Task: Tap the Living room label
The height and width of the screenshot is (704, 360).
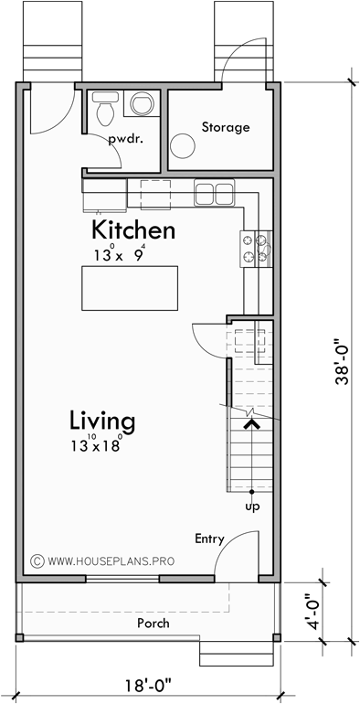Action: pos(102,421)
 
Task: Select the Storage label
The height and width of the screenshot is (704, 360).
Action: pos(225,127)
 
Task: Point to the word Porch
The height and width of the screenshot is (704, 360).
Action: pos(153,623)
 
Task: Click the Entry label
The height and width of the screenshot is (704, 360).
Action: pos(208,539)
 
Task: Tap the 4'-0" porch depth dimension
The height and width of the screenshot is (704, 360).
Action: pos(312,614)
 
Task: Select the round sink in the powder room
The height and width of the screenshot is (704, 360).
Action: pos(142,104)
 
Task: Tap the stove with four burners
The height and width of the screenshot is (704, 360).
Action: pos(255,250)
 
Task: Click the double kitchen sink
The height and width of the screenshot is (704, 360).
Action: pos(215,192)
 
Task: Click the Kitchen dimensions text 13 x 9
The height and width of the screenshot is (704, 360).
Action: pos(119,256)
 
